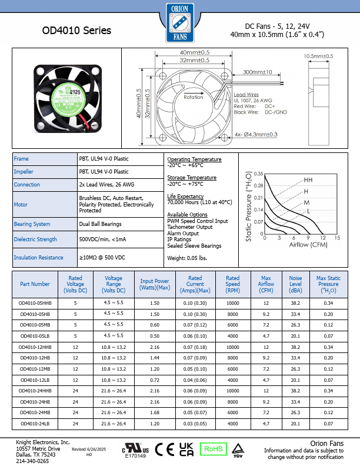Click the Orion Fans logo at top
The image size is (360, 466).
click(x=180, y=23)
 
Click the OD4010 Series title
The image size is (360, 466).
click(x=76, y=31)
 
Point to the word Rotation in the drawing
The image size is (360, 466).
click(x=194, y=97)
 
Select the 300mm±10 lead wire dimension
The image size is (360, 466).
click(x=258, y=72)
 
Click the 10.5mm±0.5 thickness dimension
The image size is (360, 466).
click(x=318, y=56)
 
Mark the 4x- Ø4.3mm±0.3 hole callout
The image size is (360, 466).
click(x=256, y=134)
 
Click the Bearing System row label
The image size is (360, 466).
click(x=32, y=224)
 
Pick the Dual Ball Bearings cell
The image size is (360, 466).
click(x=101, y=224)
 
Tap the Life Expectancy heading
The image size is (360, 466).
click(x=185, y=197)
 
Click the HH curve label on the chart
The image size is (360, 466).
click(x=308, y=180)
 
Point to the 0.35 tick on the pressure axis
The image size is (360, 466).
click(x=258, y=174)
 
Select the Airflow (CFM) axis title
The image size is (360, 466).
click(x=308, y=245)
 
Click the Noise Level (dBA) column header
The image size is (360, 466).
click(x=295, y=284)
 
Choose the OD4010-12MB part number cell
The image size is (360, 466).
click(x=35, y=369)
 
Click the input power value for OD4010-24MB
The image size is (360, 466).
click(x=155, y=412)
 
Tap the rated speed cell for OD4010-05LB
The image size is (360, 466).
click(x=233, y=336)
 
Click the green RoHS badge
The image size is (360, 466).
click(x=214, y=449)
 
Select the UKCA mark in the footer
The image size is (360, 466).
click(x=186, y=449)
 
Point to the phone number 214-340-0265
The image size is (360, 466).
click(x=32, y=461)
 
